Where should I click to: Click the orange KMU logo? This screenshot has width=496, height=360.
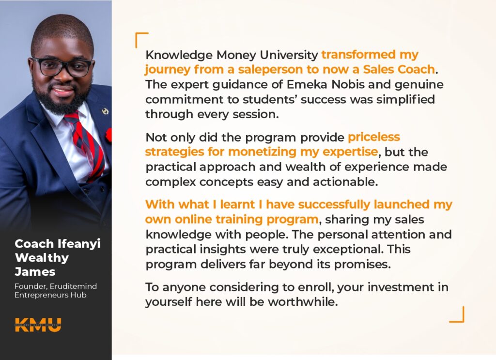point(38,325)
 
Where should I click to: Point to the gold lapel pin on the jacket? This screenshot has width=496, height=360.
point(105,111)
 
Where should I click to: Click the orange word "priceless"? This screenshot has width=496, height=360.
point(374,137)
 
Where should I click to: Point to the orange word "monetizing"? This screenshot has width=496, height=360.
point(262,152)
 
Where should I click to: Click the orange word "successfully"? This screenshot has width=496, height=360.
point(334,204)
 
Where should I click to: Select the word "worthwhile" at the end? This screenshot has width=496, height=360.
point(303,302)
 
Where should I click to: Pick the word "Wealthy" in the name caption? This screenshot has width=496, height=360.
point(42,258)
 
